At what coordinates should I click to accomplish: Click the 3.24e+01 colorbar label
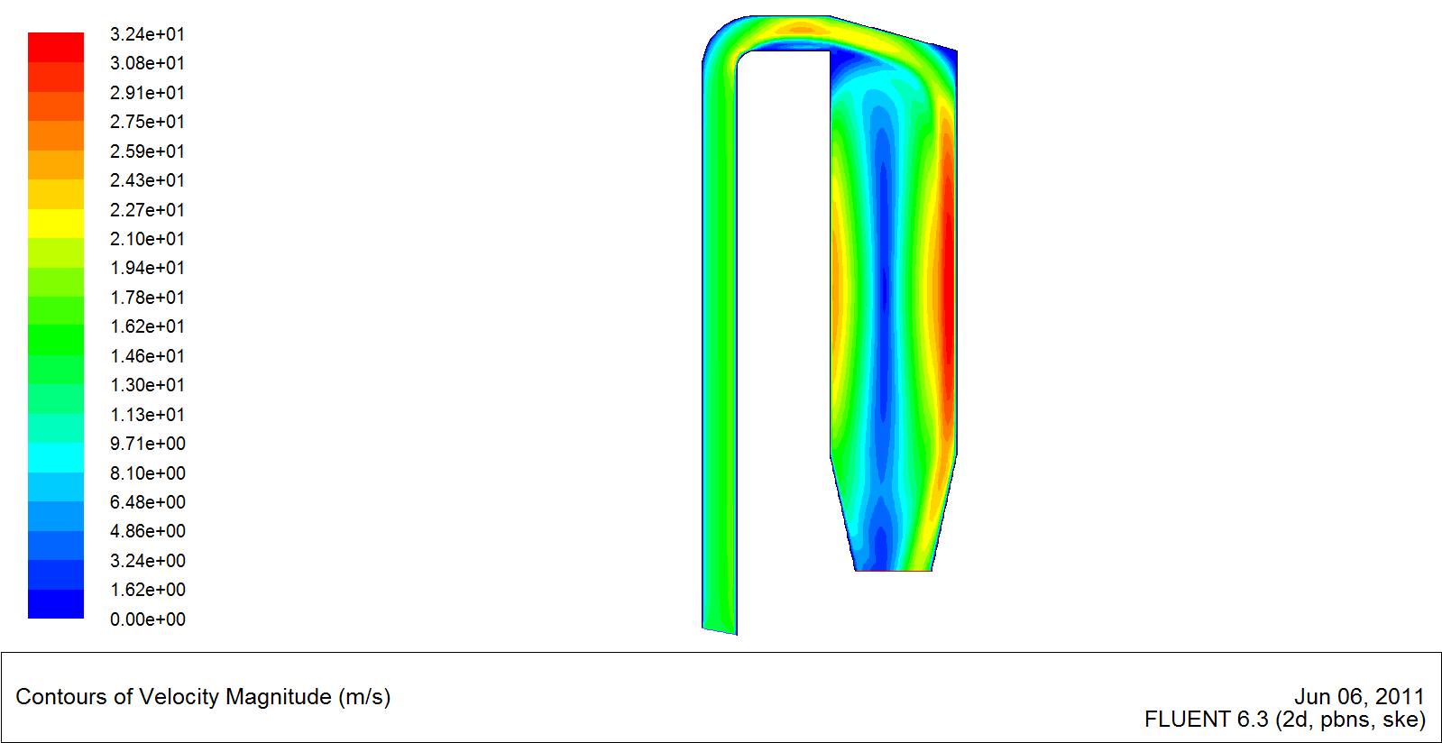point(147,34)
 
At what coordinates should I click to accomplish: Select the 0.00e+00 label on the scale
point(147,619)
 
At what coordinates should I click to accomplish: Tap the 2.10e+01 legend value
point(147,239)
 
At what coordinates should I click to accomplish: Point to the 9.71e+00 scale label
point(147,444)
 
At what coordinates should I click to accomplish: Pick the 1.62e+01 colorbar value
point(147,326)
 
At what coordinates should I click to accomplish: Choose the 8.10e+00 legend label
point(147,473)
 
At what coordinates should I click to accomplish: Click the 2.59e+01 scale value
point(147,151)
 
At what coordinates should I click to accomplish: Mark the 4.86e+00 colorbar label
point(147,531)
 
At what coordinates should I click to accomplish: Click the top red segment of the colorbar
point(56,47)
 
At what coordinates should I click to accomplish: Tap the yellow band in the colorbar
point(56,224)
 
